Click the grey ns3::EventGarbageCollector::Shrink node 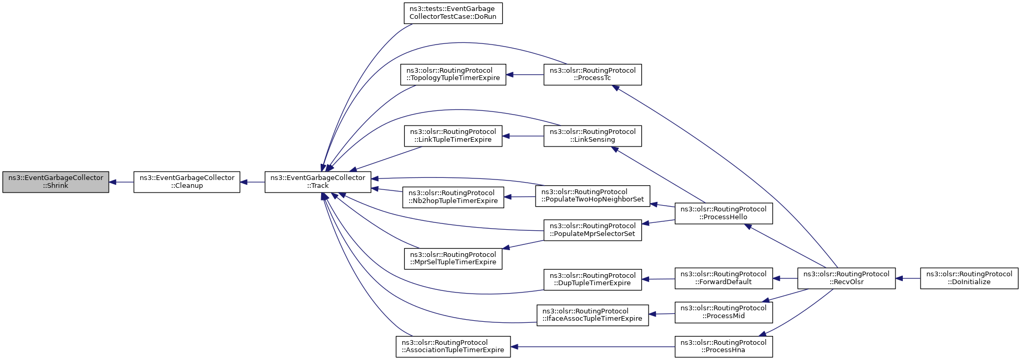[x=55, y=182]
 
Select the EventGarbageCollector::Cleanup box [x=187, y=182]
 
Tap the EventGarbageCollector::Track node [x=318, y=182]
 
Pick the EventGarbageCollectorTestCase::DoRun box [x=453, y=13]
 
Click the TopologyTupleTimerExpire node [x=453, y=74]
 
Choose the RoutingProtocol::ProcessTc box [x=593, y=74]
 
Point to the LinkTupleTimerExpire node [x=453, y=136]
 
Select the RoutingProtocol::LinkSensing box [x=593, y=136]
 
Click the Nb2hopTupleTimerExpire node [x=453, y=197]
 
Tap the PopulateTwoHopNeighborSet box [x=593, y=196]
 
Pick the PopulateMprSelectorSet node [x=593, y=230]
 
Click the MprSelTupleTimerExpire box [x=453, y=258]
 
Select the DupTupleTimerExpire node [x=593, y=279]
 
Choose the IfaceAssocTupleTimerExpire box [x=593, y=315]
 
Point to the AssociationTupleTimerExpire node [x=453, y=346]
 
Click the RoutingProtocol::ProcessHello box [x=724, y=213]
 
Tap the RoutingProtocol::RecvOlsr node [x=846, y=278]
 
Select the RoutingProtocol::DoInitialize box [x=969, y=278]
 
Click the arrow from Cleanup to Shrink [x=121, y=182]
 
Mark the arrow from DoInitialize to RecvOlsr [x=908, y=278]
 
